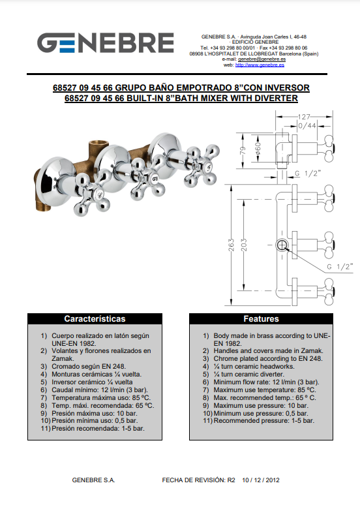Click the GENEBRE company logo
pyautogui.click(x=106, y=42)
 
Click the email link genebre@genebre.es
pyautogui.click(x=262, y=59)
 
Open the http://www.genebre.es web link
pyautogui.click(x=260, y=65)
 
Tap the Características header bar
pyautogui.click(x=95, y=318)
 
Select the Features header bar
pyautogui.click(x=261, y=318)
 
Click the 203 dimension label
pyautogui.click(x=244, y=245)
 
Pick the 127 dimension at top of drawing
pyautogui.click(x=304, y=117)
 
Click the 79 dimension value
pyautogui.click(x=243, y=151)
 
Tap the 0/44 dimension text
pyautogui.click(x=307, y=126)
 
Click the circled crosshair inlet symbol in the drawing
pyautogui.click(x=282, y=245)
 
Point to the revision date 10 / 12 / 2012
pyautogui.click(x=261, y=480)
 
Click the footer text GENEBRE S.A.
pyautogui.click(x=93, y=480)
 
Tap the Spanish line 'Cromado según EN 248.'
pyautogui.click(x=83, y=367)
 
